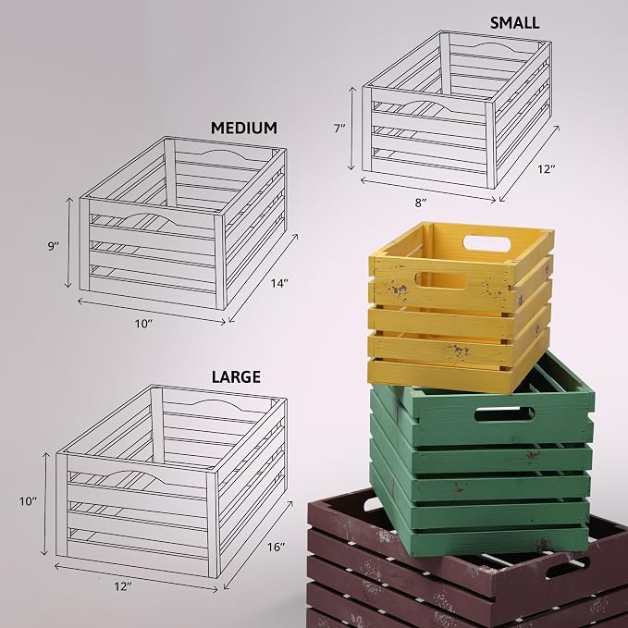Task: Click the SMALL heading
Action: coord(514,23)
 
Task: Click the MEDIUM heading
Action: coord(244,128)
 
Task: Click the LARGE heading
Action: coord(236,376)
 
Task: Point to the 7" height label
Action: coord(339,129)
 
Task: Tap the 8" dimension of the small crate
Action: coord(420,203)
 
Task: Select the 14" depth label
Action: coord(279,284)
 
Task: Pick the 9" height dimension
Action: coord(54,246)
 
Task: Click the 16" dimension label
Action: coord(276,547)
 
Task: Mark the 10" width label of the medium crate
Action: coord(143,324)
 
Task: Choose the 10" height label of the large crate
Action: coord(28,501)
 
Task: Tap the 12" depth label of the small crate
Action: coord(547,169)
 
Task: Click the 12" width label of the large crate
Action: coord(123,586)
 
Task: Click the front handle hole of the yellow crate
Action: coord(440,280)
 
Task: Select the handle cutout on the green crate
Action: coord(505,414)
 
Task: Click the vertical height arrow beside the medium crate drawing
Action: coord(68,242)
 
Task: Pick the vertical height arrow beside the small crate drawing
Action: coord(352,129)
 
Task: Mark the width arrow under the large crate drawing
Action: coord(136,577)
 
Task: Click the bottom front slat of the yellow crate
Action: coord(439,374)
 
